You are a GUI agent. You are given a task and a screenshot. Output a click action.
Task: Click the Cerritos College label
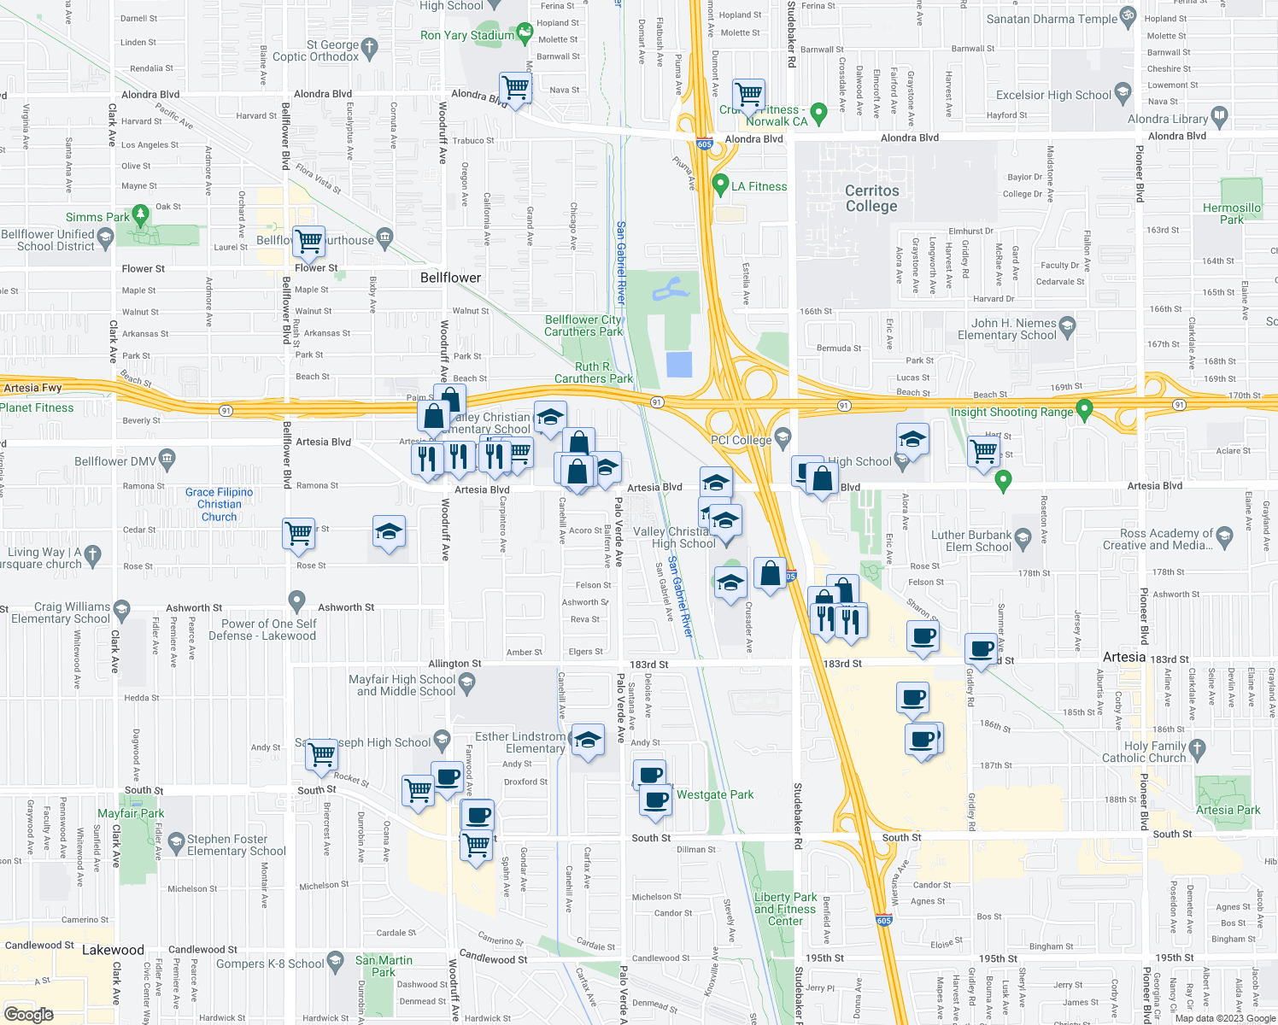click(871, 198)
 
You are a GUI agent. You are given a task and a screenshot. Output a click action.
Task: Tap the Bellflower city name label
click(450, 278)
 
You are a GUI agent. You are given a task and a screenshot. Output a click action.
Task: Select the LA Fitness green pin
click(720, 184)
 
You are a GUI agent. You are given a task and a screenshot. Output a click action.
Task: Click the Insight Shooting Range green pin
click(1084, 410)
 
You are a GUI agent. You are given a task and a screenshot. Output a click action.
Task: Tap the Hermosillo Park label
click(1231, 214)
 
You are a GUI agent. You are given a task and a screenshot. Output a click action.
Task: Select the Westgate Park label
click(715, 794)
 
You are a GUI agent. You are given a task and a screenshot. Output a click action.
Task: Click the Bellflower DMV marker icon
click(167, 460)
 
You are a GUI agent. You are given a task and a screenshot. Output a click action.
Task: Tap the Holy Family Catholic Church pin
click(1196, 749)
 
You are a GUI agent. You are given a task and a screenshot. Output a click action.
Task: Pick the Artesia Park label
click(1228, 810)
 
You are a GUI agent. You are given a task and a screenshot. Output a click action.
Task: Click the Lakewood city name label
click(113, 950)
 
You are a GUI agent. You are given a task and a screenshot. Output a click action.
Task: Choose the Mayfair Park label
click(131, 813)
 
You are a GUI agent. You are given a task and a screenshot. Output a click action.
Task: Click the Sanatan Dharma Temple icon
click(1128, 16)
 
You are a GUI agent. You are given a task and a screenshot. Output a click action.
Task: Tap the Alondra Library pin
click(1219, 115)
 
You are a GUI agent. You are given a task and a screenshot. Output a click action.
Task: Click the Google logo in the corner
click(29, 1014)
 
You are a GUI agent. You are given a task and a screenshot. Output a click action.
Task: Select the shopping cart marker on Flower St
click(308, 241)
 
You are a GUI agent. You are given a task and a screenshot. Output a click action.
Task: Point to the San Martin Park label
click(384, 966)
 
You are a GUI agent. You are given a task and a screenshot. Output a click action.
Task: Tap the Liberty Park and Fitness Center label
click(785, 909)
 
